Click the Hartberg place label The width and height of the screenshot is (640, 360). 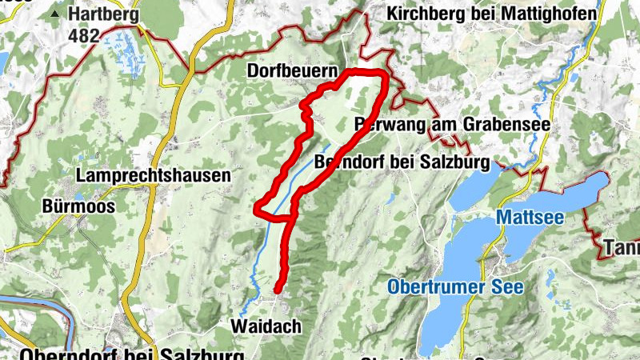[103, 14]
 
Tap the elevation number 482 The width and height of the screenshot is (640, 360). [84, 35]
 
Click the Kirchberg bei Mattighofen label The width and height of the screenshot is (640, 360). [491, 14]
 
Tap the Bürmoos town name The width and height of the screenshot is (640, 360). [78, 206]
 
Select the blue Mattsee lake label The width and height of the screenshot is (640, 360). [529, 217]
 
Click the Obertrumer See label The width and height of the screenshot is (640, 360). [455, 286]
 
